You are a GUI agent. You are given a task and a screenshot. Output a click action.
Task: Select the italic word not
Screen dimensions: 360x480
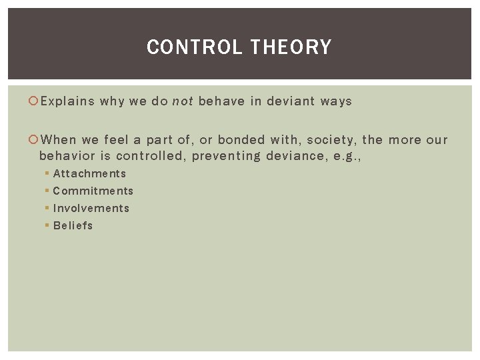click(182, 101)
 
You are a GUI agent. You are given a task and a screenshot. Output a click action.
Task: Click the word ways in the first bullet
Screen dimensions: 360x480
click(335, 101)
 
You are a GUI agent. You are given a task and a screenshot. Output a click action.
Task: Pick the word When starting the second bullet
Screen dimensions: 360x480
click(58, 140)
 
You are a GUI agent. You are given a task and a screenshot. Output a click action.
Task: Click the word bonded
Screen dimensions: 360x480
click(241, 140)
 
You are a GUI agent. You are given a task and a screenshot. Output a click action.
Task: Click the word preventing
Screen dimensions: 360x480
click(227, 156)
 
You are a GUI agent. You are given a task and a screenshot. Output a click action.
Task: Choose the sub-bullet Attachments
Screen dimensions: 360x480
click(89, 173)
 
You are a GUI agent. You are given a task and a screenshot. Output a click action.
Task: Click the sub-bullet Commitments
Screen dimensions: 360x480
click(93, 191)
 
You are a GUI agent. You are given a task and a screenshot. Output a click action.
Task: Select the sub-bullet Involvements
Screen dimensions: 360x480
click(91, 208)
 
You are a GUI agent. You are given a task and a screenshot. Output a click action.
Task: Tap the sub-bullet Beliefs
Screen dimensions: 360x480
click(73, 225)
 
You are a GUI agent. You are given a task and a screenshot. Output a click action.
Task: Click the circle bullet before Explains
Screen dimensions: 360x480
click(35, 101)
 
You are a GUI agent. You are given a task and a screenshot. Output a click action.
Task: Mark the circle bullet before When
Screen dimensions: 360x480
click(35, 140)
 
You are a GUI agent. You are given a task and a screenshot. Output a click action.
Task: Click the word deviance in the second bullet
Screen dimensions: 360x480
click(290, 156)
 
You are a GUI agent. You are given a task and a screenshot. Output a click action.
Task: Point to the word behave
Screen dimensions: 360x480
click(221, 101)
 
